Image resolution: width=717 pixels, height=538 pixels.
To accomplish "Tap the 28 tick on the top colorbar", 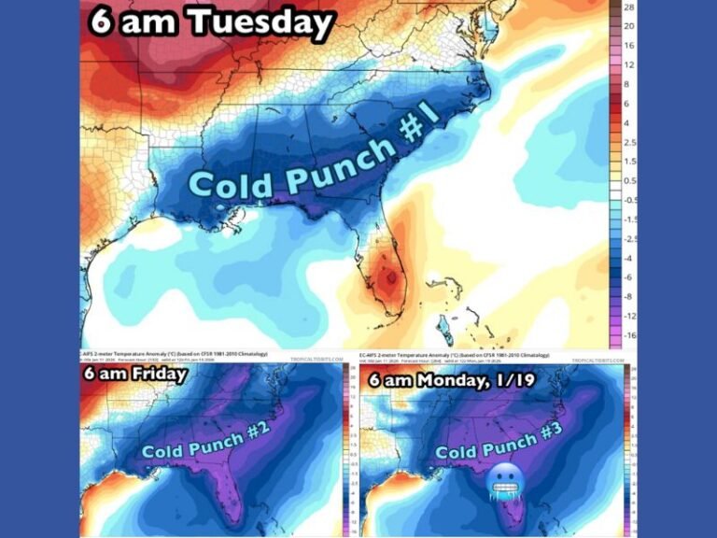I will tap(629, 7).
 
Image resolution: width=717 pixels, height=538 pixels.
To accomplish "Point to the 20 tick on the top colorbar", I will tap(629, 26).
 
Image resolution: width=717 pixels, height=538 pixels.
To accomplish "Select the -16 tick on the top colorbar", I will tap(628, 334).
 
